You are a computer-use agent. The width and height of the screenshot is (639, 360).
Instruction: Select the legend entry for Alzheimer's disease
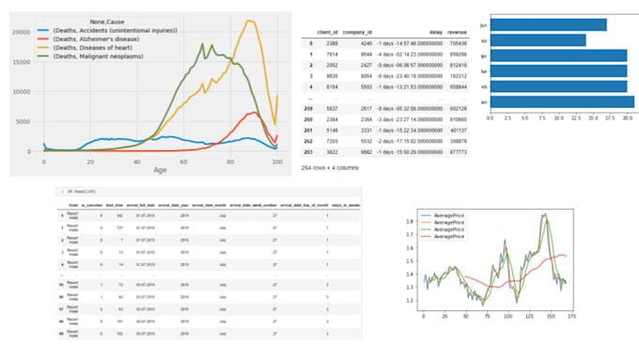[x=102, y=40]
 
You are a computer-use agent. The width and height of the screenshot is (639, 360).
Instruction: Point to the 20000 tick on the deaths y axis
[x=26, y=32]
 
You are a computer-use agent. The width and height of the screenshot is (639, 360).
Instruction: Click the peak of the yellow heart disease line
[x=249, y=21]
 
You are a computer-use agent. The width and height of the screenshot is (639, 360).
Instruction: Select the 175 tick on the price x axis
[x=572, y=315]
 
